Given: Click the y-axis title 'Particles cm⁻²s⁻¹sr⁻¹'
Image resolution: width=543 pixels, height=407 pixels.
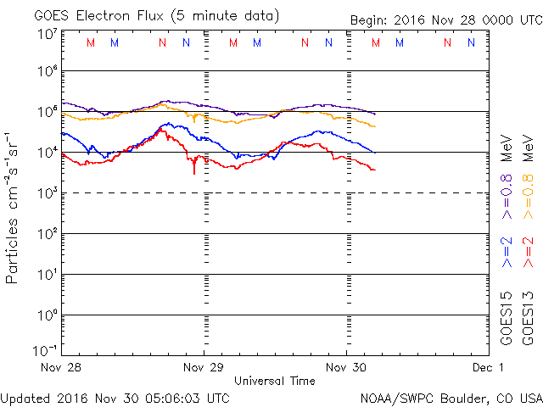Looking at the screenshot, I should (x=13, y=207).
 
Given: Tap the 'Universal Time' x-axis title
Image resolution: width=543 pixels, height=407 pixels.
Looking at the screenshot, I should (x=275, y=381).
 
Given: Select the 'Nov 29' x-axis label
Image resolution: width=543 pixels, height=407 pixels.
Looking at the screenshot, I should (x=204, y=368).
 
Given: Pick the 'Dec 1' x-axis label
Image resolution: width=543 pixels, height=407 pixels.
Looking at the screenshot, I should (x=489, y=368).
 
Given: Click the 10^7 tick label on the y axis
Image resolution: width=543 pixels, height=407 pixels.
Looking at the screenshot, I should (x=47, y=34).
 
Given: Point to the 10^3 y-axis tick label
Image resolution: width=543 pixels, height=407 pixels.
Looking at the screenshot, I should (x=47, y=192).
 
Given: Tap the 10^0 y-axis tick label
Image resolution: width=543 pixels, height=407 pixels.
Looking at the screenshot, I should (x=47, y=315).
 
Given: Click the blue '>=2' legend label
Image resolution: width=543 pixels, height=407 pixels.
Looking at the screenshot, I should (x=507, y=254).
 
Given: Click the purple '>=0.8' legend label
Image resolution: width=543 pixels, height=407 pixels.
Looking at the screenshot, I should (x=507, y=196).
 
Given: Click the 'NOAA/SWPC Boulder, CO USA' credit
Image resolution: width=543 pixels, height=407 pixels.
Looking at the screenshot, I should (x=451, y=398).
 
